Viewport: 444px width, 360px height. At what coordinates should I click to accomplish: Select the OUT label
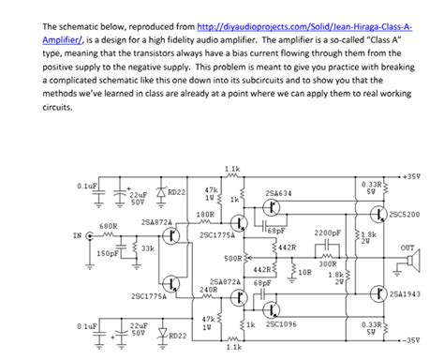click(x=407, y=247)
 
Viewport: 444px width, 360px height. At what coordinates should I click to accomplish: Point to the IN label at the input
click(x=77, y=235)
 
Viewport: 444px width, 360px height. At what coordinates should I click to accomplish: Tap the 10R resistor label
click(x=303, y=272)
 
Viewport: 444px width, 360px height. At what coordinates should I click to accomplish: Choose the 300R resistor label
click(x=327, y=264)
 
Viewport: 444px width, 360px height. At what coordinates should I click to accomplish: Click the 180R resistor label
click(x=205, y=215)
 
